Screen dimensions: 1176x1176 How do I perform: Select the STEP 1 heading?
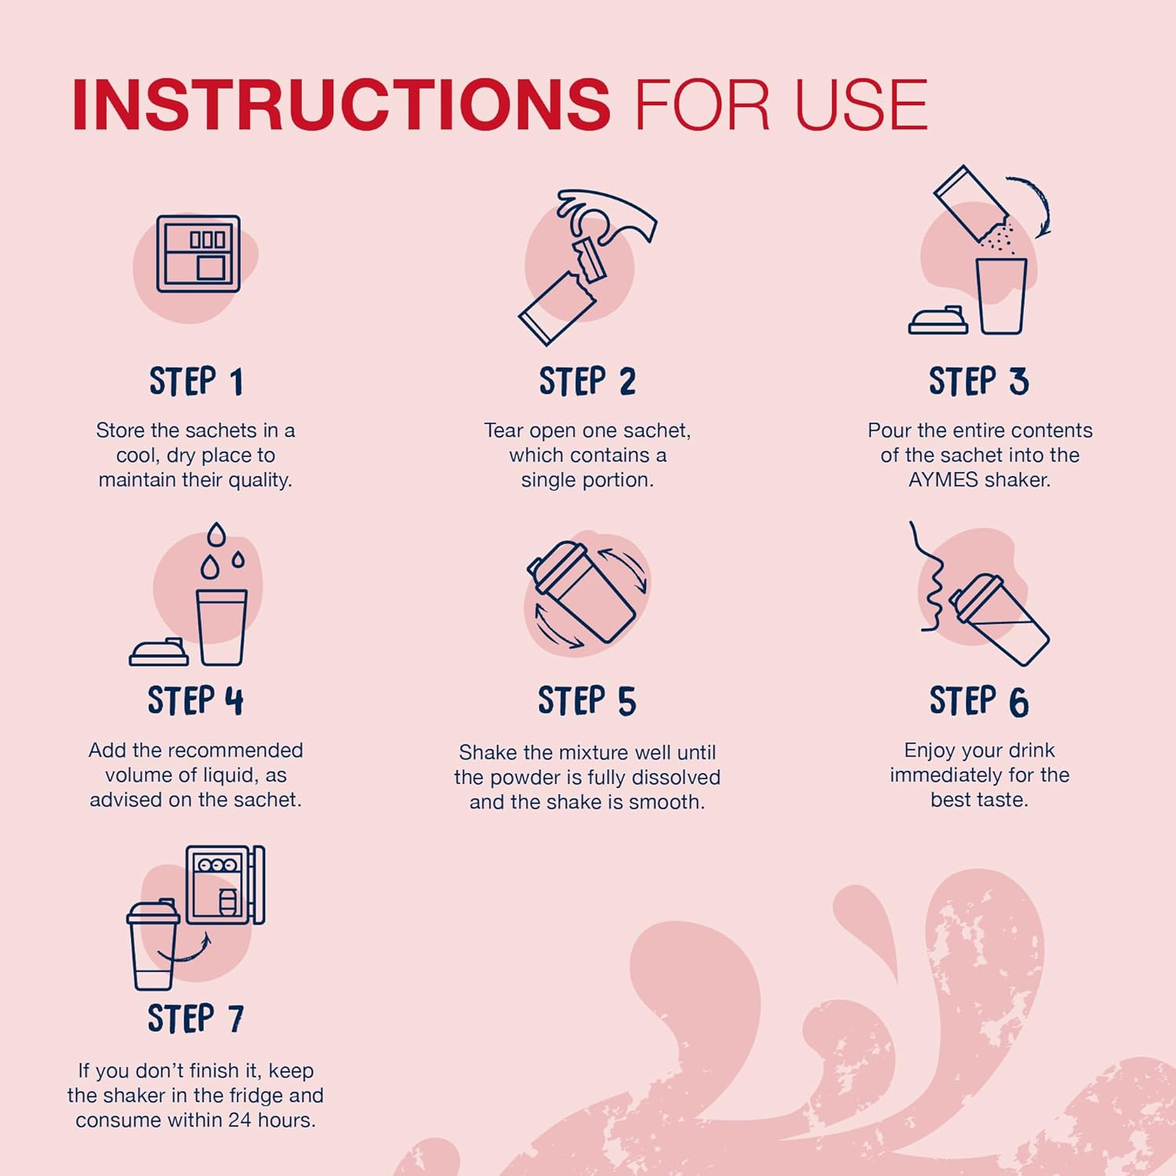point(196,382)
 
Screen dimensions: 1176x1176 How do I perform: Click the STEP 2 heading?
point(587,382)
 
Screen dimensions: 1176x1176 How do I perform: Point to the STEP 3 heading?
point(978,382)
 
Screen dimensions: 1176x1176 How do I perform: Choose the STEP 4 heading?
point(195,701)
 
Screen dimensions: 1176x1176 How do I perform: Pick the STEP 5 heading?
point(587,701)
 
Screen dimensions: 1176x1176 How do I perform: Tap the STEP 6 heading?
point(978,701)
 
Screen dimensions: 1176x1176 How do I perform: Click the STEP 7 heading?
point(195,1018)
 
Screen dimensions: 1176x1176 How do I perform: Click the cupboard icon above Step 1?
point(198,254)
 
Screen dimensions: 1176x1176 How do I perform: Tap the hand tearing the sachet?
point(612,216)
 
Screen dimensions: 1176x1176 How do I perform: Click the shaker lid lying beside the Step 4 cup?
point(159,652)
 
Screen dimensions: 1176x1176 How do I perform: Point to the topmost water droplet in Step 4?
point(216,535)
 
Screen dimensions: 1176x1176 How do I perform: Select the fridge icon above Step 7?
point(225,884)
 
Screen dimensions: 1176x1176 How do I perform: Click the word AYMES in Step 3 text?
point(943,480)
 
